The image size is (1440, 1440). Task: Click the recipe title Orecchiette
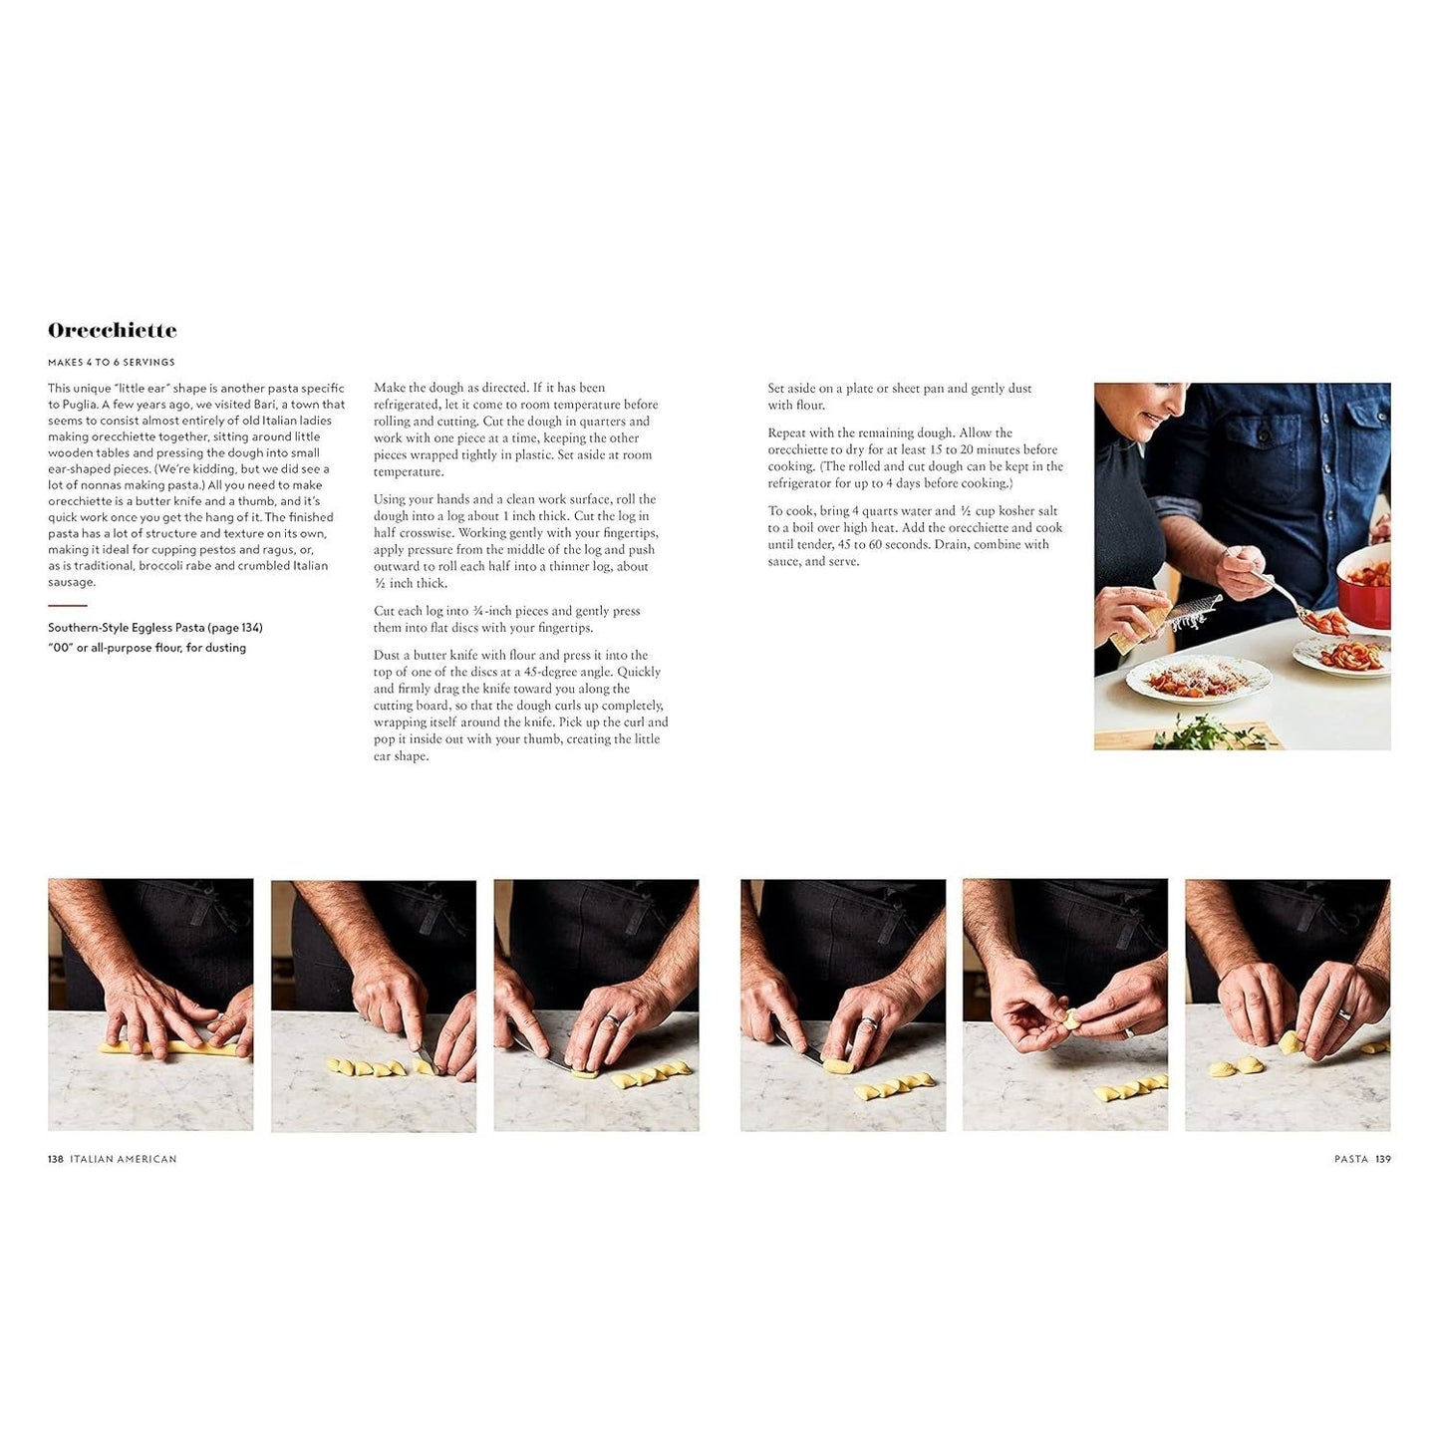coord(112,330)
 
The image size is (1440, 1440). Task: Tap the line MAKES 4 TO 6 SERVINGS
coord(112,363)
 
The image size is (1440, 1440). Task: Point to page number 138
coord(55,1159)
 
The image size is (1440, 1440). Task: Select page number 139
coord(1382,1159)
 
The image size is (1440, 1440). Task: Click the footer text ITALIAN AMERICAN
coord(124,1159)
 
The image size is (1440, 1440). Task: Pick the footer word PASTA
coord(1351,1159)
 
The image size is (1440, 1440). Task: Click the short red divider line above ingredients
coord(67,605)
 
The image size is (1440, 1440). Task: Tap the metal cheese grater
coord(1194,612)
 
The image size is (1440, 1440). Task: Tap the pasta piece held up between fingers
coord(1071,1019)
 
